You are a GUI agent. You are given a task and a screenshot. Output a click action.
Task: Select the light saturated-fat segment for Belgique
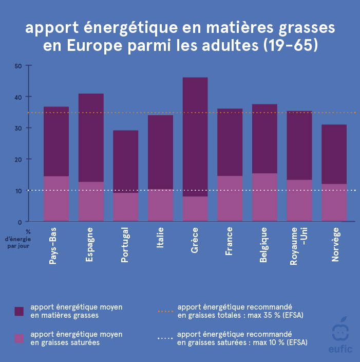point(264,197)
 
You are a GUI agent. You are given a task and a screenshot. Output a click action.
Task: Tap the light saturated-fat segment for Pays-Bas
point(56,199)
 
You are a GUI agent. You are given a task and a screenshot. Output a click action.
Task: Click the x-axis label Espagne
point(90,245)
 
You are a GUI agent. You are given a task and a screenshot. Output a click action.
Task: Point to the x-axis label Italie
point(160,238)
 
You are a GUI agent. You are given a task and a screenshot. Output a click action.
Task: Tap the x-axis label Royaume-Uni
point(297,246)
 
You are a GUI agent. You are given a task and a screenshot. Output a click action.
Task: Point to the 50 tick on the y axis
point(18,66)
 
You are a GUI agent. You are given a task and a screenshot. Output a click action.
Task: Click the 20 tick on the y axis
point(18,159)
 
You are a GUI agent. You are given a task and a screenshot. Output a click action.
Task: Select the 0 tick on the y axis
point(20,222)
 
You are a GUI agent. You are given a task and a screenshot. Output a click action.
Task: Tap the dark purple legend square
point(19,311)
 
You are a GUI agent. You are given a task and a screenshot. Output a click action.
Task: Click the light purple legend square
point(19,338)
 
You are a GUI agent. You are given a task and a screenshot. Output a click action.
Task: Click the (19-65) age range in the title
point(291,46)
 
